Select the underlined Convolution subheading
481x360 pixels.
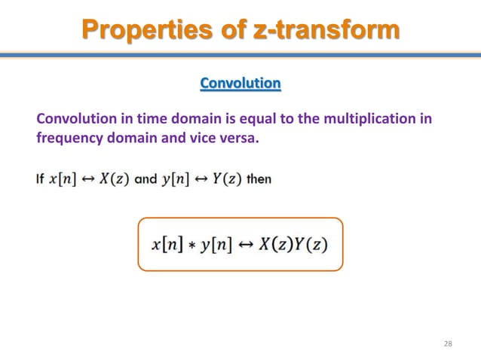[x=240, y=83]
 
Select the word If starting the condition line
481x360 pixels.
[x=41, y=179]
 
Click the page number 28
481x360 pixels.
[x=448, y=344]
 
